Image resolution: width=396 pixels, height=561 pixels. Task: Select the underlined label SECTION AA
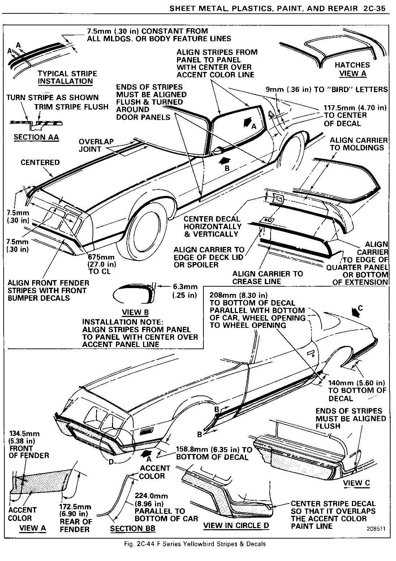tap(36, 137)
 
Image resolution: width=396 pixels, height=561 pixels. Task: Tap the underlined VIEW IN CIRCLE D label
tap(236, 526)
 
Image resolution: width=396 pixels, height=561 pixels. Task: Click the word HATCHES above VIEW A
tap(352, 65)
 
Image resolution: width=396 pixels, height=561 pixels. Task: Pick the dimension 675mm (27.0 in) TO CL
tap(102, 264)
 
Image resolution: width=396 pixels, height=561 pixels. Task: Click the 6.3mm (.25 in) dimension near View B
tap(185, 291)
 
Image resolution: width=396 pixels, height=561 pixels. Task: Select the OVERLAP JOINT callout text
tap(96, 145)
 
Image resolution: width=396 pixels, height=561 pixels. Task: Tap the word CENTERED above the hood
tap(40, 162)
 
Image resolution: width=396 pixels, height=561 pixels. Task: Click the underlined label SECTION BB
tap(132, 528)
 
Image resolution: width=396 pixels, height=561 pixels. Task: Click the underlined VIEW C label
tap(356, 483)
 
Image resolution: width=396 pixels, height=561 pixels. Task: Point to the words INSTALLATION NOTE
tap(122, 322)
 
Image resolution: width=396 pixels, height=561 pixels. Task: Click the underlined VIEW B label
tap(135, 312)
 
